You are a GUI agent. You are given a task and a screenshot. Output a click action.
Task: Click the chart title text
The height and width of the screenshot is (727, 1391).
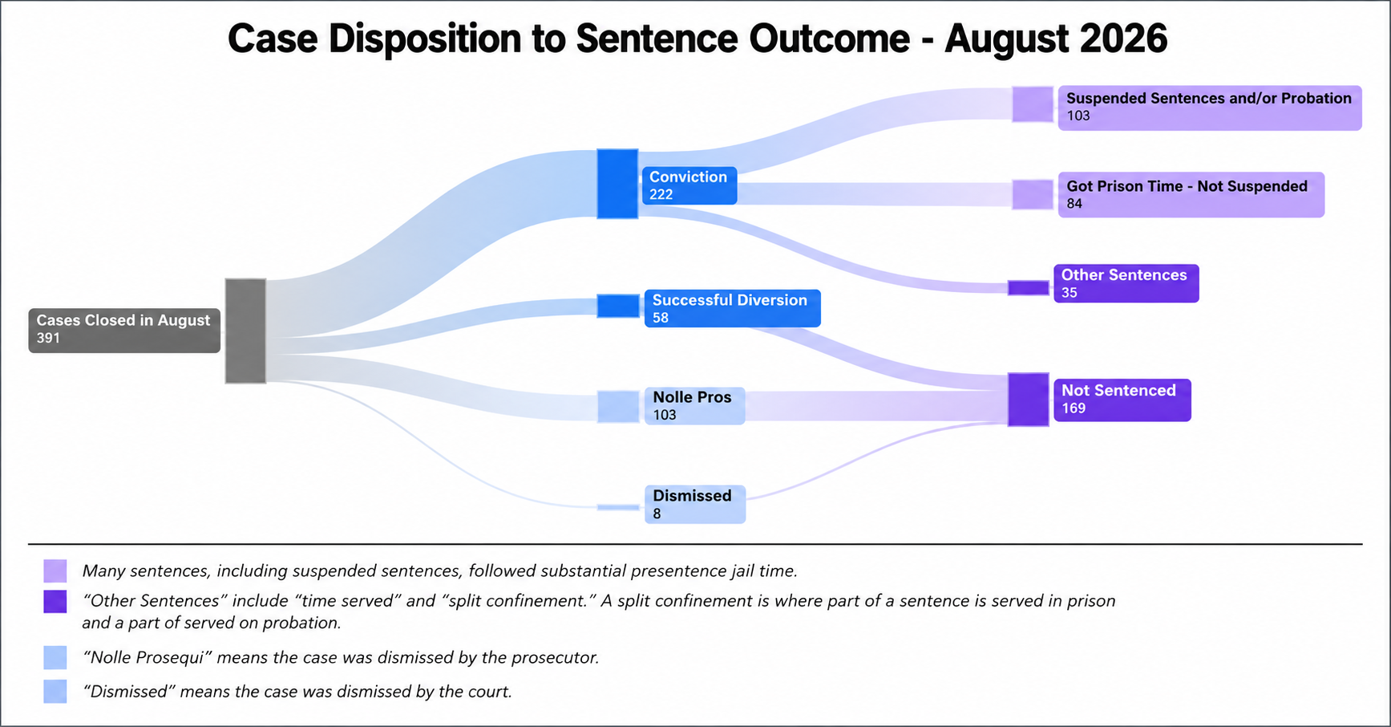pos(697,39)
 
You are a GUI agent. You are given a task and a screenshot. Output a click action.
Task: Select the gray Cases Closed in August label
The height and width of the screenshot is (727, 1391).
pos(124,330)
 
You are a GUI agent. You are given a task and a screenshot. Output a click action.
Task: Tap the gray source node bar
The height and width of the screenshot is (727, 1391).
pos(245,331)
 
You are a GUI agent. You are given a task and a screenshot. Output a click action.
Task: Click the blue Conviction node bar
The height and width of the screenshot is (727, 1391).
pos(617,184)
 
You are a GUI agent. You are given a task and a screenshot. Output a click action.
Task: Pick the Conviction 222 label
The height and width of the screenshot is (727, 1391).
pos(689,185)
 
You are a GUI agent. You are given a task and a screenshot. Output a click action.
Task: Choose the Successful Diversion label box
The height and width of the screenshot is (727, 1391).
pos(733,308)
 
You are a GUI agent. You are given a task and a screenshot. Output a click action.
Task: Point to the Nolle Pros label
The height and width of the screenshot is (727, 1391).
pos(694,406)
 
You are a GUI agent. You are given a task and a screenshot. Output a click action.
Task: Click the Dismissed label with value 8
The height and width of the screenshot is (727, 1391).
pos(695,504)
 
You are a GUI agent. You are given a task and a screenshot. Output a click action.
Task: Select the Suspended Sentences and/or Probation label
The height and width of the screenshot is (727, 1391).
pos(1210,108)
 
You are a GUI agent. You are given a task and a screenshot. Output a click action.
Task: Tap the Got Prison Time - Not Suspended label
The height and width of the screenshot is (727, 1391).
pos(1191,194)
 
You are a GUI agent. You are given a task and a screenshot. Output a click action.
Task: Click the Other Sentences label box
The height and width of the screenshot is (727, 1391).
pos(1126,283)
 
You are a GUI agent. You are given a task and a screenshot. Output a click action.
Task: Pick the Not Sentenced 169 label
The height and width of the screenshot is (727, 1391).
pos(1122,400)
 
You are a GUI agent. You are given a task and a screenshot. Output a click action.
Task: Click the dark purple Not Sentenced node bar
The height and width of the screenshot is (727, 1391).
pos(1029,400)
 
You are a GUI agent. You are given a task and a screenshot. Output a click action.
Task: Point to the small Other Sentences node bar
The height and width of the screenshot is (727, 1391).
pos(1029,287)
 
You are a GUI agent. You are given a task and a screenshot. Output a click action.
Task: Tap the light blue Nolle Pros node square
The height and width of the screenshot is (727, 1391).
pos(618,407)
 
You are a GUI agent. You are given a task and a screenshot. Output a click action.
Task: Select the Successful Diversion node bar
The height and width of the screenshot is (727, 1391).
pos(618,306)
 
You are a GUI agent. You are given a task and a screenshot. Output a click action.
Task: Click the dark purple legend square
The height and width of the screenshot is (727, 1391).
pos(55,601)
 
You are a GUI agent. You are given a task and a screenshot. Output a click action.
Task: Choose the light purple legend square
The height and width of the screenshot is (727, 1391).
pos(55,571)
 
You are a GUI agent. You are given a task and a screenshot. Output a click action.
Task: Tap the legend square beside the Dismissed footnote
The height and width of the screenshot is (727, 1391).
pos(55,692)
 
